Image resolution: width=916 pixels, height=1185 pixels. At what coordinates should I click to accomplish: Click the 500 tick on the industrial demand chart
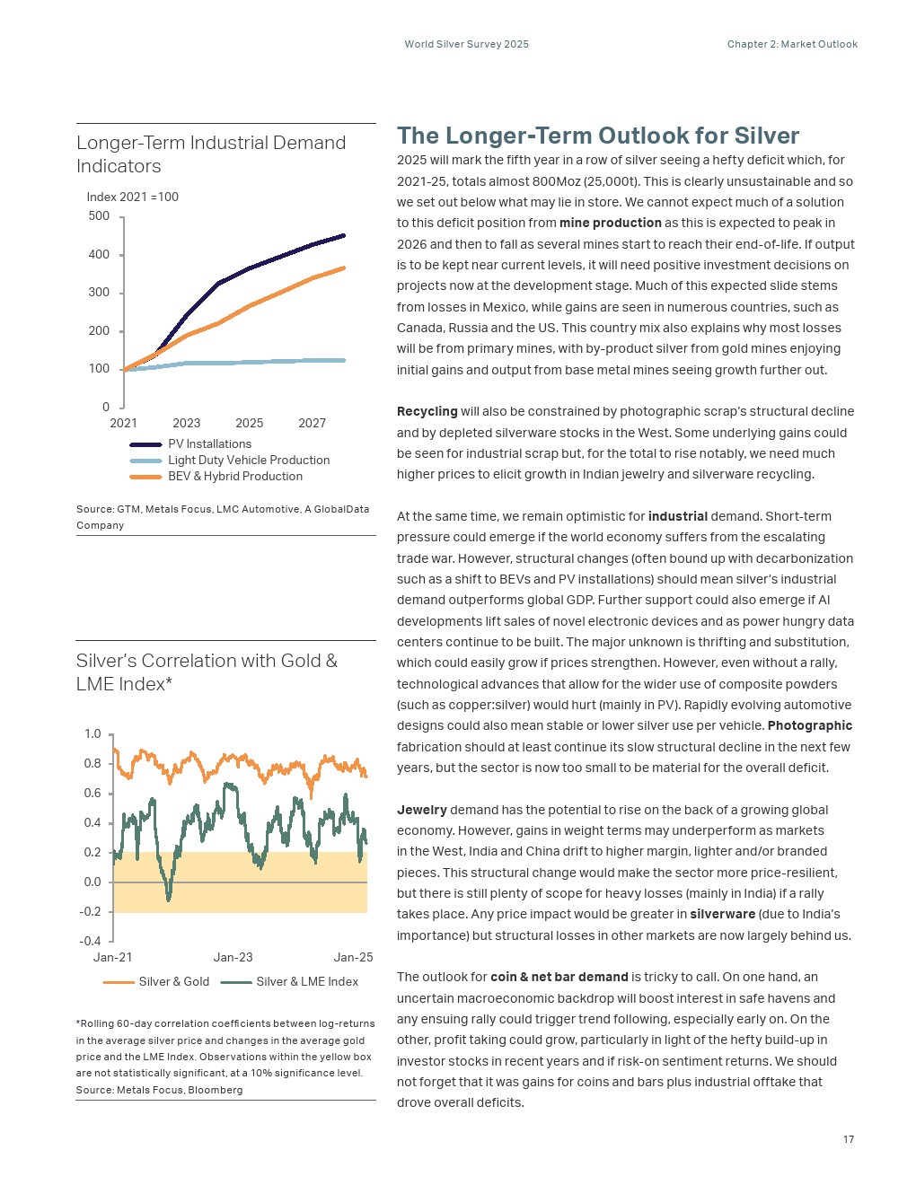(x=99, y=216)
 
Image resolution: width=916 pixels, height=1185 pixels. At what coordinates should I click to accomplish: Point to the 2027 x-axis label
(x=312, y=423)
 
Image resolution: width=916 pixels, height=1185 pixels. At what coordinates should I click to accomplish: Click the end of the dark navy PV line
(x=344, y=235)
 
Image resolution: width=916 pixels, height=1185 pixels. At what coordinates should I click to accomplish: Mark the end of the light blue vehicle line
(x=344, y=361)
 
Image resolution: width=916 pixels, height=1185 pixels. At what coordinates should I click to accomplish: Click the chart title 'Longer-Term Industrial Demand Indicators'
(x=211, y=154)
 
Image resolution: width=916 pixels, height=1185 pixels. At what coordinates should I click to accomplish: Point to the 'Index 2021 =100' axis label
(x=133, y=197)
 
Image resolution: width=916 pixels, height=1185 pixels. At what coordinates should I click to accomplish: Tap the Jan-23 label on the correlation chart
(x=233, y=958)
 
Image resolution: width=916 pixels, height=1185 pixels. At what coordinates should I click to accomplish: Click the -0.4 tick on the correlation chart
(x=90, y=941)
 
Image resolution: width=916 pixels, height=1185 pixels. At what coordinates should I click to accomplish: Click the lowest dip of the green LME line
(x=168, y=900)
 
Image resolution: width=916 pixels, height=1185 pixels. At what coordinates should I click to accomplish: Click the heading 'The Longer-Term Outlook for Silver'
(x=598, y=136)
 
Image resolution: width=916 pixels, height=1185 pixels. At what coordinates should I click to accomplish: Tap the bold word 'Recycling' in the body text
(x=427, y=412)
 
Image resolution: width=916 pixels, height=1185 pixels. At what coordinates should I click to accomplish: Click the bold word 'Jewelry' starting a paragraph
(x=422, y=810)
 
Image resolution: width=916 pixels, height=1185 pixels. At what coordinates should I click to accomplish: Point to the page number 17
(x=849, y=1139)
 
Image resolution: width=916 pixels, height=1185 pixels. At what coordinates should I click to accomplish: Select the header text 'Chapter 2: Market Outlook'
(x=792, y=44)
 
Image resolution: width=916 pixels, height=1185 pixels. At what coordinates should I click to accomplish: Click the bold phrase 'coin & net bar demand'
(x=559, y=977)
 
